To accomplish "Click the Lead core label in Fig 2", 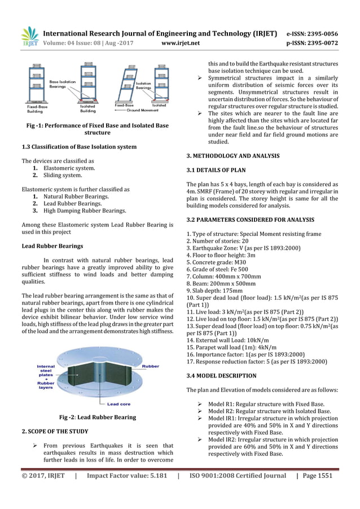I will coord(119,403).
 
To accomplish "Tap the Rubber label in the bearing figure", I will coord(150,366).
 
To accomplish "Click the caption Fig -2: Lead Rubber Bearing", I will coord(98,418).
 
